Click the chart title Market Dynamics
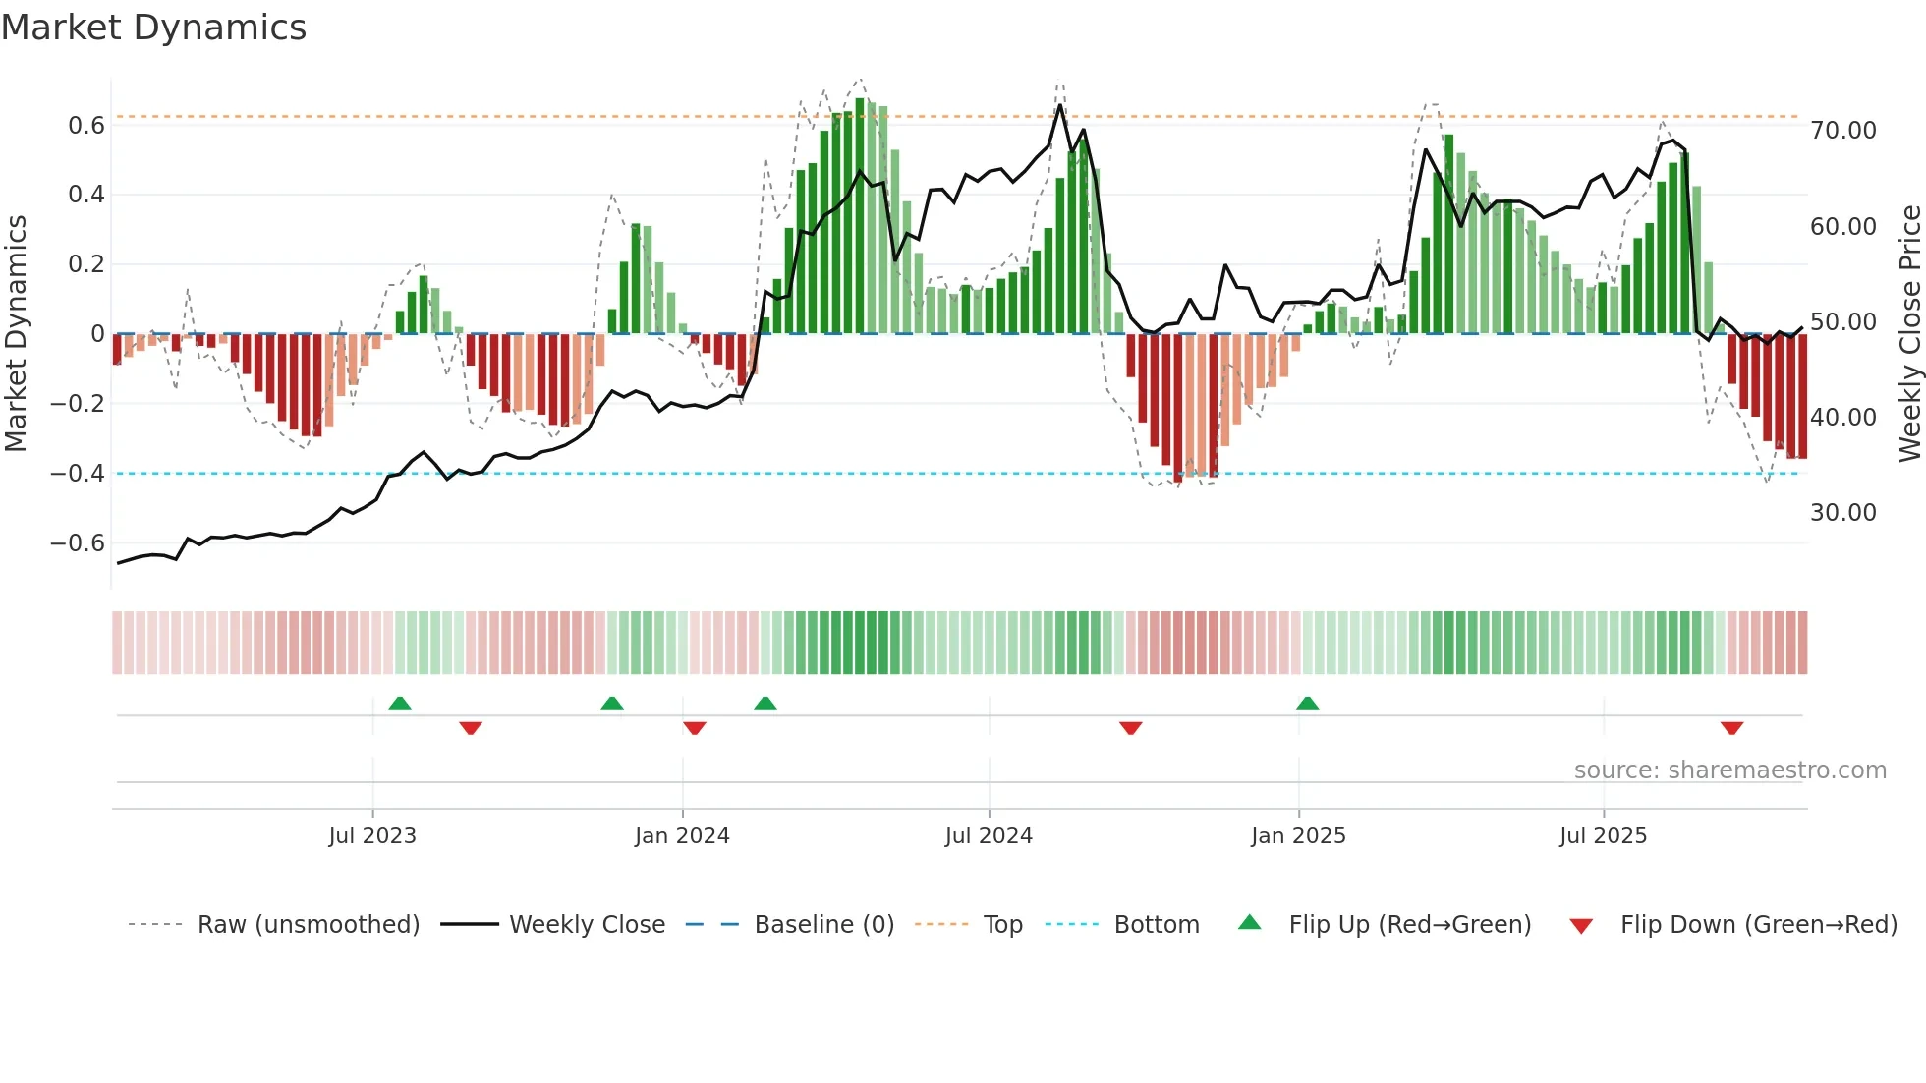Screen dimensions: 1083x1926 [153, 28]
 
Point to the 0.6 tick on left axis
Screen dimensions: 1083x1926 [86, 126]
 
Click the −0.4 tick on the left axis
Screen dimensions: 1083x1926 [78, 474]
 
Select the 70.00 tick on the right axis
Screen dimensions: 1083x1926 [1843, 131]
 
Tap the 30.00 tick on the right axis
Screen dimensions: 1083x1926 [1843, 513]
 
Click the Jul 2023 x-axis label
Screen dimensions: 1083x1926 [372, 836]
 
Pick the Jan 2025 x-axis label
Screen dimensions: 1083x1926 [1298, 836]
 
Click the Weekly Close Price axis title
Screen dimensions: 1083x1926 [1909, 334]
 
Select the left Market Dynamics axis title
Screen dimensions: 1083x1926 [16, 334]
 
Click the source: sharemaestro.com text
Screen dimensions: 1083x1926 [1729, 770]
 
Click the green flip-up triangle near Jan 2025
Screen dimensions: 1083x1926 [1307, 704]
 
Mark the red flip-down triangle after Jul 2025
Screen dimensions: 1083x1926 [1731, 728]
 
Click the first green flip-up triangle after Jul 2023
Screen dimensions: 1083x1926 [400, 704]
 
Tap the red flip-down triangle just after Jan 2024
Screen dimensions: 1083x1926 [695, 728]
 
